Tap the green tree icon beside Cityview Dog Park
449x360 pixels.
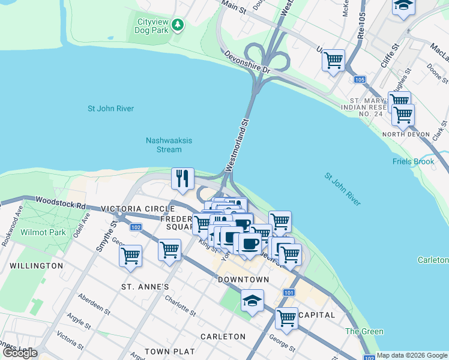pos(177,25)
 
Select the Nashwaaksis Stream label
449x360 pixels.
pos(169,145)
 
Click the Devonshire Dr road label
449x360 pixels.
pos(248,62)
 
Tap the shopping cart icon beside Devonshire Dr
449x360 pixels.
pos(333,60)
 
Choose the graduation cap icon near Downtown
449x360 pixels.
pos(253,300)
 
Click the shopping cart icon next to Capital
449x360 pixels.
pos(286,318)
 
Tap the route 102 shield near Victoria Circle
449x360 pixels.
pos(136,227)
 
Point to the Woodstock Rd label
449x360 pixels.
pos(59,202)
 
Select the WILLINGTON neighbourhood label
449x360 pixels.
pos(36,265)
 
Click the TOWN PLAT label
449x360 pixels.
pos(169,351)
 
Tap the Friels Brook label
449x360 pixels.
pos(413,162)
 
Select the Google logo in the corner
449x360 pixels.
pos(20,353)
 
